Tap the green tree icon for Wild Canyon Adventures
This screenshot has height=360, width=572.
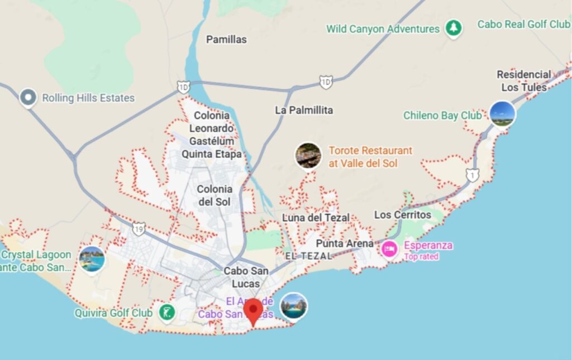(454, 29)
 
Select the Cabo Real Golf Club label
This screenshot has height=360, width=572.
(523, 24)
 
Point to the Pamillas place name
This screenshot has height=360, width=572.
(226, 40)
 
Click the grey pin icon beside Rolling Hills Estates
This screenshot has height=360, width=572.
(27, 98)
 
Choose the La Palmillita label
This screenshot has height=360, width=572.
(304, 110)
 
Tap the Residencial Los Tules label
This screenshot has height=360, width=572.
(523, 80)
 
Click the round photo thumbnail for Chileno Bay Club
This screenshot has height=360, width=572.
(502, 114)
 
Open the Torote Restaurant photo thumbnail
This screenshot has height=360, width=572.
(308, 156)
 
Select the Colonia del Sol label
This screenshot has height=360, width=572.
(214, 195)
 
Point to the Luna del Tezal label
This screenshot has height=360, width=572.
(316, 217)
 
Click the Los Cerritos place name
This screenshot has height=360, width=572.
(403, 215)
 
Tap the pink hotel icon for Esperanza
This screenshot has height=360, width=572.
(389, 248)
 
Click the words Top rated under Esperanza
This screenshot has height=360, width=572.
(421, 257)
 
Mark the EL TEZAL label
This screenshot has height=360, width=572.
(308, 255)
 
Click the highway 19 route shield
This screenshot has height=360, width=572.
(139, 228)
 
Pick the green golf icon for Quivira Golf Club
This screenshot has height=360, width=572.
(166, 313)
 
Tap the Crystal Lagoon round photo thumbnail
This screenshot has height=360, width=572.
(92, 259)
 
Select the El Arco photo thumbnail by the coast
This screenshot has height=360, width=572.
(293, 306)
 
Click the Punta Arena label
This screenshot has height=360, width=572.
(345, 244)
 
